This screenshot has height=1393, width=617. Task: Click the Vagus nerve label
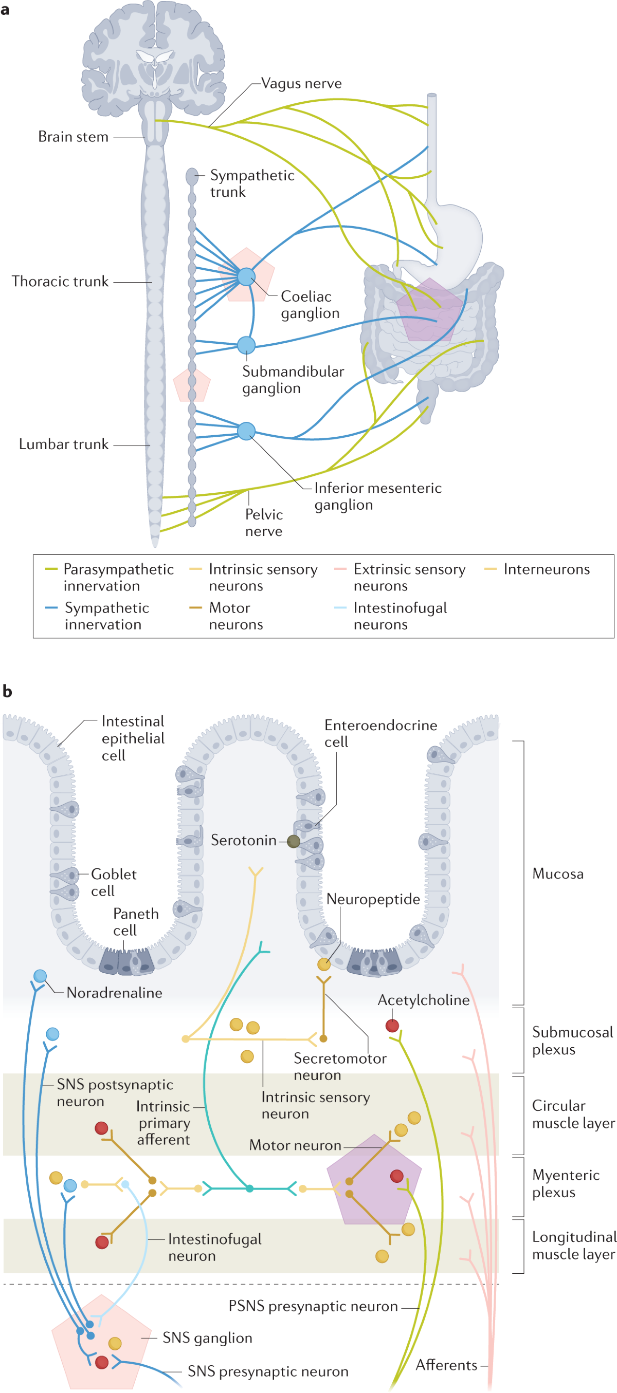301,83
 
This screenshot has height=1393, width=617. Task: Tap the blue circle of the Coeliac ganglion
246,276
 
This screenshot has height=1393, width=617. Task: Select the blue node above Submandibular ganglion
246,345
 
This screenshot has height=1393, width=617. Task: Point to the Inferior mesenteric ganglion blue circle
246,431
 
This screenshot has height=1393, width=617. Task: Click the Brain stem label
73,137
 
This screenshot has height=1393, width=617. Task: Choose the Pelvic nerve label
264,523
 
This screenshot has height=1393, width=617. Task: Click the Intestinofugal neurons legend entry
400,616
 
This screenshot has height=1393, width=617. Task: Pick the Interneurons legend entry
546,569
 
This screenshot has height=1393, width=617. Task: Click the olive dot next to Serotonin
294,842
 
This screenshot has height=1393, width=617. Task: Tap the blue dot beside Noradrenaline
40,976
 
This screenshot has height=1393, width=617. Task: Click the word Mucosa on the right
557,874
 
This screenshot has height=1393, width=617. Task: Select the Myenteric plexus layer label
566,1183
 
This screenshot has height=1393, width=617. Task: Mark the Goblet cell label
113,883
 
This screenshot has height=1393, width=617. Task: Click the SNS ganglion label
207,1338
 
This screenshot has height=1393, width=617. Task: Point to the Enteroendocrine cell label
380,733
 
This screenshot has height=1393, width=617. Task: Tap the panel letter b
7,692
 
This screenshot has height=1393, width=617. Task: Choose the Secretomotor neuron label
340,1066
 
